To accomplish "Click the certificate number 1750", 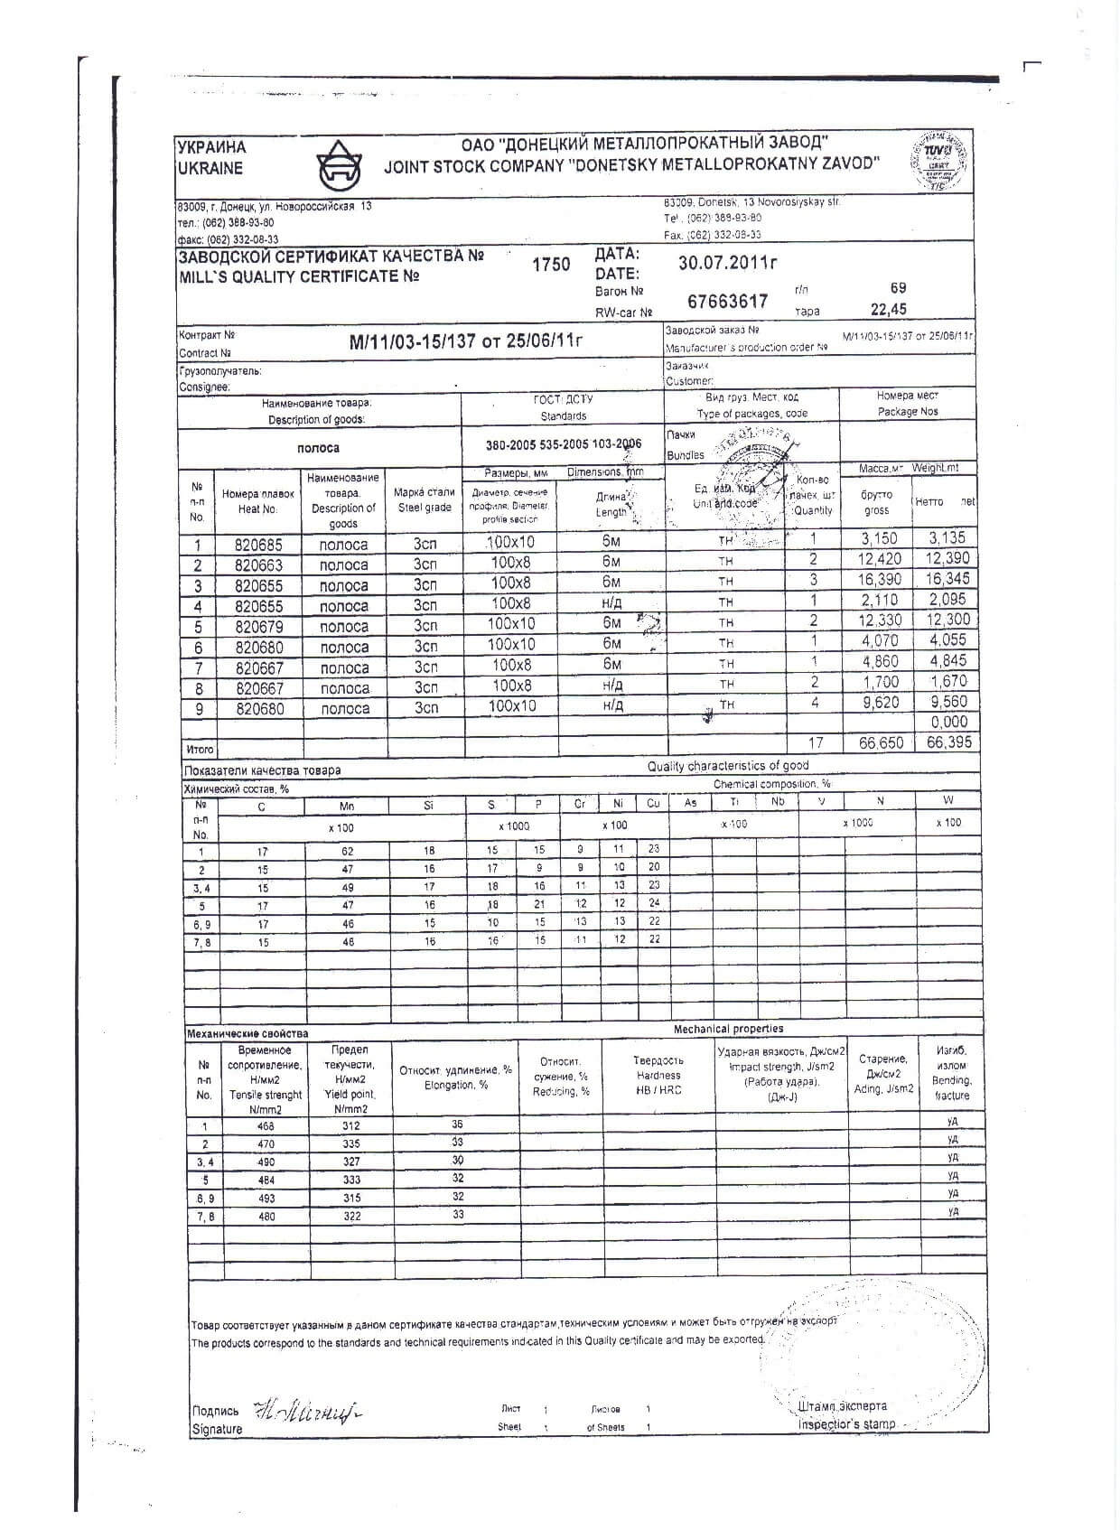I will pyautogui.click(x=550, y=264).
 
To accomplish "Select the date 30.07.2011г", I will pyautogui.click(x=728, y=263).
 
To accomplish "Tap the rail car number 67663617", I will pyautogui.click(x=728, y=301).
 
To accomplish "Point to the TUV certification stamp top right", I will pyautogui.click(x=943, y=160).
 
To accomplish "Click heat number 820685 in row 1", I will pyautogui.click(x=258, y=545).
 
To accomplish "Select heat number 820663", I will pyautogui.click(x=258, y=565).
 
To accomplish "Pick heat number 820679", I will pyautogui.click(x=258, y=627).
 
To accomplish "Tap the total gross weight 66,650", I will pyautogui.click(x=879, y=742).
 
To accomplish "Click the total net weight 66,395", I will pyautogui.click(x=947, y=742).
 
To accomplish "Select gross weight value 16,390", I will pyautogui.click(x=879, y=579).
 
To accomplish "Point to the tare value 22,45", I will pyautogui.click(x=888, y=310).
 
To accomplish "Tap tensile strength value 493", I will pyautogui.click(x=266, y=1199).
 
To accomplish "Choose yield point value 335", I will pyautogui.click(x=351, y=1143).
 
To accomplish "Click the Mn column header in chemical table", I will pyautogui.click(x=347, y=806).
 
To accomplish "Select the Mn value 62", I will pyautogui.click(x=347, y=851).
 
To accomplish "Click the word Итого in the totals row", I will pyautogui.click(x=200, y=749).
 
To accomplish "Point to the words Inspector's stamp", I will pyautogui.click(x=846, y=1424).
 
